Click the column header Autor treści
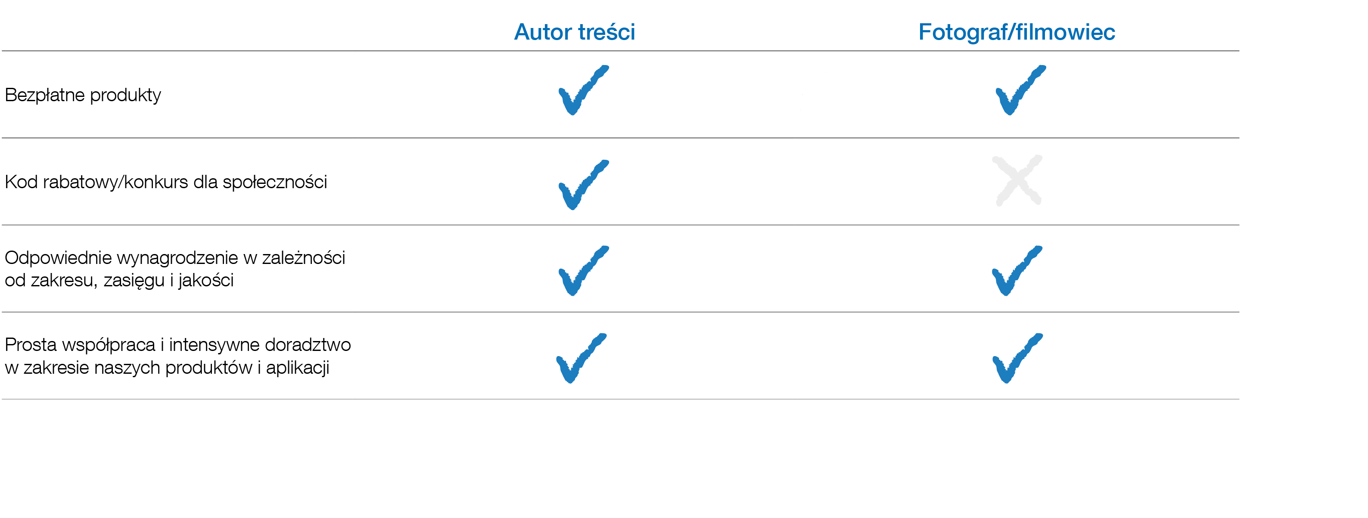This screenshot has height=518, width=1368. pos(574,32)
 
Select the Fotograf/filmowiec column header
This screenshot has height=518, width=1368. pos(1017,32)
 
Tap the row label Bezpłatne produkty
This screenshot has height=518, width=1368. pos(83,95)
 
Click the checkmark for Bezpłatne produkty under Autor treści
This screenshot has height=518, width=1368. pos(582,90)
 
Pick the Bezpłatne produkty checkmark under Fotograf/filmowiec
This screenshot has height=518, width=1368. pos(1019,90)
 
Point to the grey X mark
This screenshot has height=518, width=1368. pos(1017,180)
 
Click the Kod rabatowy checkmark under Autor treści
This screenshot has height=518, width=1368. pos(582,185)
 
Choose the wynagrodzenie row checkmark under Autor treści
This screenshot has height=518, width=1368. pos(582,271)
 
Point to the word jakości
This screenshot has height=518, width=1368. pos(205,280)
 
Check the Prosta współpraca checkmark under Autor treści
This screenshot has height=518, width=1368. pos(580,358)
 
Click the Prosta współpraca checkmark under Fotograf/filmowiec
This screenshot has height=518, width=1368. pos(1017,358)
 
